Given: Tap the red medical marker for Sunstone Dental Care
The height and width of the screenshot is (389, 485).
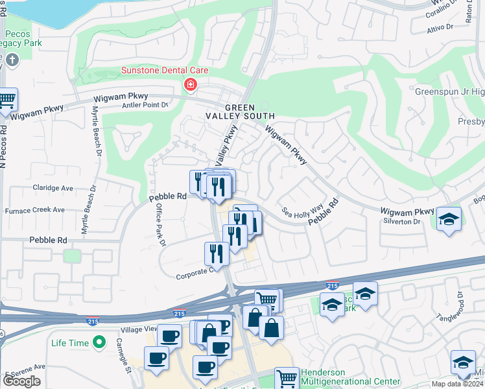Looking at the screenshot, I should [191, 84].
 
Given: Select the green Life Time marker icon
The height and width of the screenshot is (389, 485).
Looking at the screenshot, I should [99, 341].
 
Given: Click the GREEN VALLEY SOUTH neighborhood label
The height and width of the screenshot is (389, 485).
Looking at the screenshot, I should [250, 112].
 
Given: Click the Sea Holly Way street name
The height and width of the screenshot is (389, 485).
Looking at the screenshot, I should [302, 211].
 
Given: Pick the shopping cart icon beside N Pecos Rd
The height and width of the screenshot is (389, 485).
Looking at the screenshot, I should [7, 100].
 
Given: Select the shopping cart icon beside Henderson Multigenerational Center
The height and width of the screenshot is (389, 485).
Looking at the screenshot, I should [286, 377].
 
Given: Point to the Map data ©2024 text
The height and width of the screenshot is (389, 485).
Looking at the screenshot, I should [458, 384].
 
